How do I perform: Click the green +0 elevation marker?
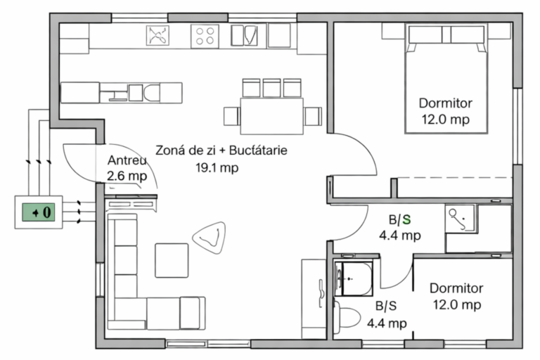click(39, 212)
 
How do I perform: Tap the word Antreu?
click(127, 160)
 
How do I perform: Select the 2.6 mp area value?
click(127, 176)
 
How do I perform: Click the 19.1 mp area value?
click(217, 168)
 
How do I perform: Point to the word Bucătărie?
click(258, 150)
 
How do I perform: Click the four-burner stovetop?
click(205, 36)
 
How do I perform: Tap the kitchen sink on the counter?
click(244, 35)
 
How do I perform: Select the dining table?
click(271, 116)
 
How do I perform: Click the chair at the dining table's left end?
click(232, 117)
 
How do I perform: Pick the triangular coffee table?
click(210, 238)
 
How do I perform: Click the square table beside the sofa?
click(172, 260)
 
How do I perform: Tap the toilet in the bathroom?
click(346, 317)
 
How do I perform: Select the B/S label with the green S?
click(400, 219)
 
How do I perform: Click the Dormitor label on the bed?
click(445, 103)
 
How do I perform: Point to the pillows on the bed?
click(446, 34)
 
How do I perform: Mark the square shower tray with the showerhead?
click(459, 219)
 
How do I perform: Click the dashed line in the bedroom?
click(456, 178)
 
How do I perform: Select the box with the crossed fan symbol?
click(157, 35)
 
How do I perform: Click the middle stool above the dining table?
click(271, 88)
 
